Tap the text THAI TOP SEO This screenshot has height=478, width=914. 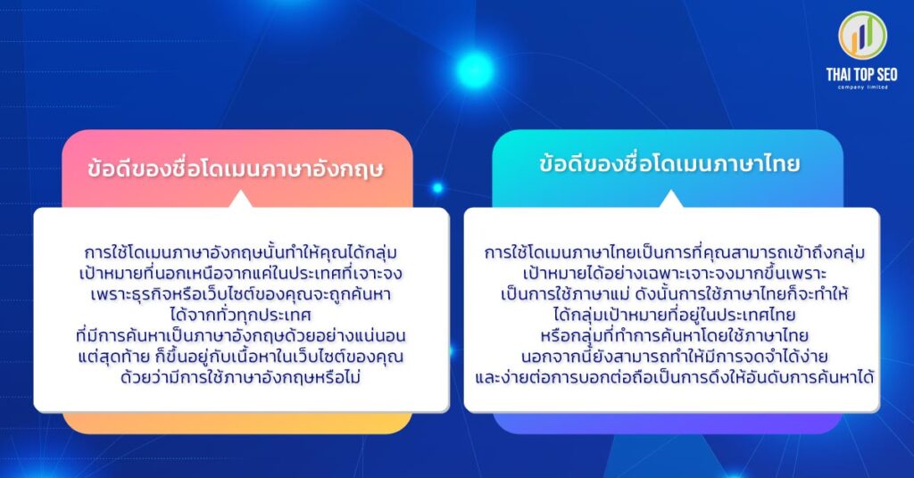[863, 75]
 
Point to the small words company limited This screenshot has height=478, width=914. [863, 87]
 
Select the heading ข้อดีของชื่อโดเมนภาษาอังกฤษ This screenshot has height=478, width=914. [236, 169]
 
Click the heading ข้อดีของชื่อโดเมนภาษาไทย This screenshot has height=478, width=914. [669, 164]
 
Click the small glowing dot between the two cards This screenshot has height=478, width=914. [437, 188]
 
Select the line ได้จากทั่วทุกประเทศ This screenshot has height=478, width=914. [242, 314]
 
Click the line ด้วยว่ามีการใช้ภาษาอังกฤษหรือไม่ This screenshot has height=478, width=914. [242, 377]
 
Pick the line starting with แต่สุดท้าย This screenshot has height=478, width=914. [242, 357]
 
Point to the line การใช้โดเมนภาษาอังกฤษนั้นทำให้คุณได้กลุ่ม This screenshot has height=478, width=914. [242, 251]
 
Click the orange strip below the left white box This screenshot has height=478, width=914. [237, 424]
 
